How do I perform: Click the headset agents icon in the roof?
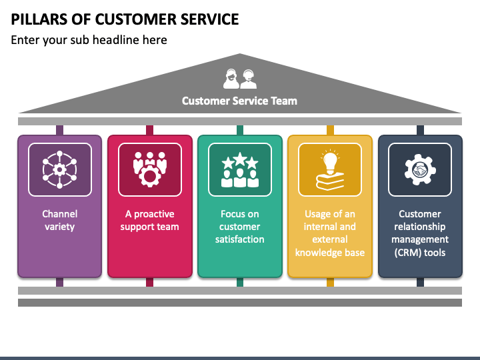tap(239, 79)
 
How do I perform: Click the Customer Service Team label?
tap(239, 101)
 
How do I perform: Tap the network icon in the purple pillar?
tap(59, 169)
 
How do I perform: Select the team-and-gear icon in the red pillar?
tap(149, 169)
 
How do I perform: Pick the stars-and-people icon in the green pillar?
tap(239, 169)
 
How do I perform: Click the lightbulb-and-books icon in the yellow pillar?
tap(330, 169)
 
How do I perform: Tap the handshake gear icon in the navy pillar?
tap(420, 169)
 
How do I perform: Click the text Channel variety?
tap(59, 221)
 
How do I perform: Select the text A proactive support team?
tap(149, 221)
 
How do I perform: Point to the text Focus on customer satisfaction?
tap(239, 227)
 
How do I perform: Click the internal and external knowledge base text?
tap(330, 233)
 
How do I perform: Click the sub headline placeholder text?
tap(89, 40)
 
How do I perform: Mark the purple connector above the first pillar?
tap(59, 131)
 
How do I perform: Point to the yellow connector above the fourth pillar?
tap(330, 131)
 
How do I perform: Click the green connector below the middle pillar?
tap(239, 282)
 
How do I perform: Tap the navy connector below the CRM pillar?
tap(420, 282)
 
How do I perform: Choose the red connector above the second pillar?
tap(149, 131)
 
